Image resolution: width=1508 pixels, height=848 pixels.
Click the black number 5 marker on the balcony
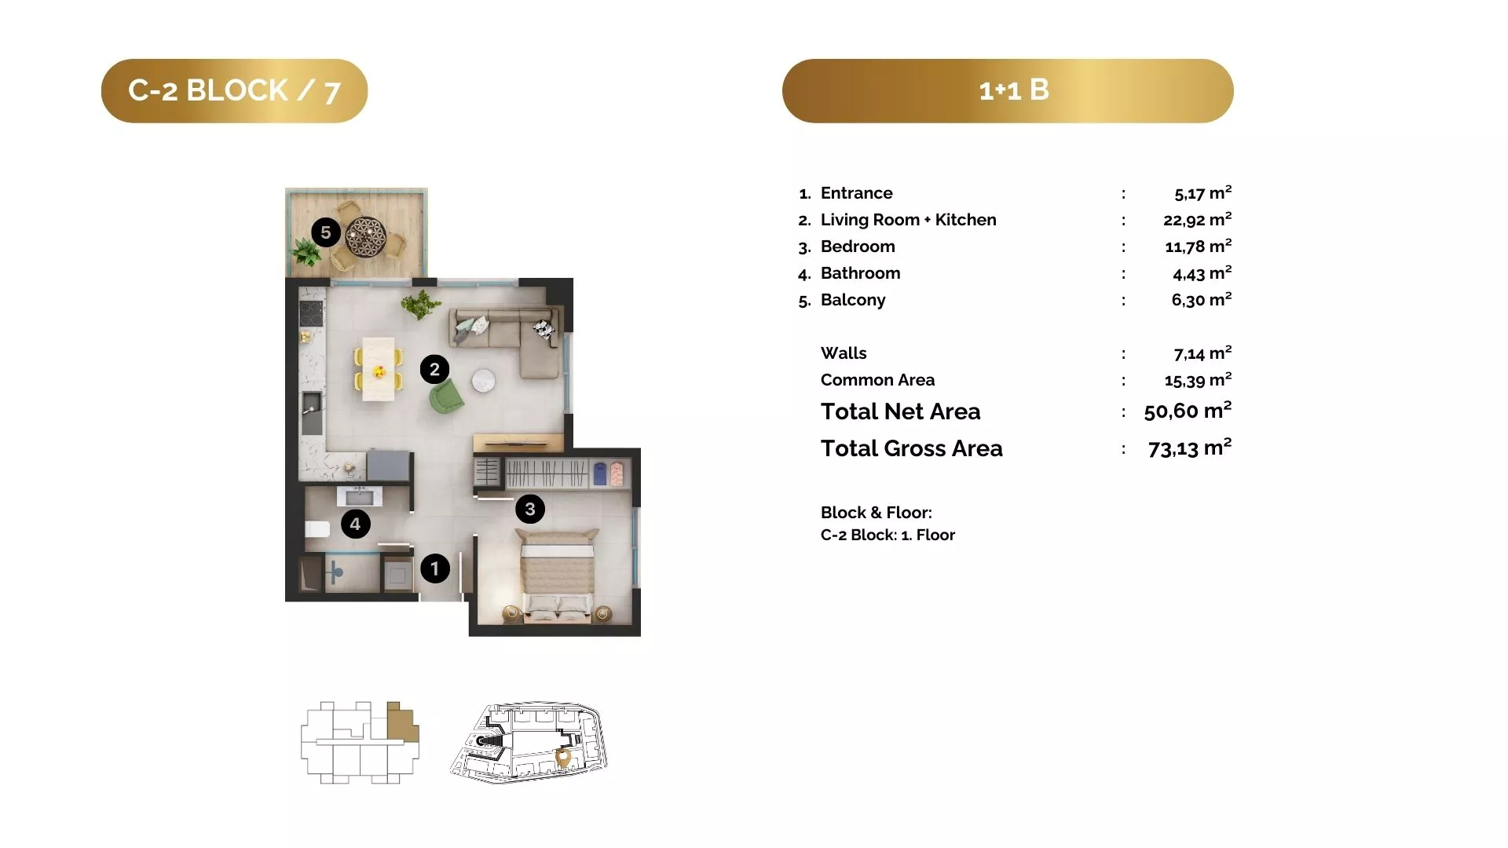326,232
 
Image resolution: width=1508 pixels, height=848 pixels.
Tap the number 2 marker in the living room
434,369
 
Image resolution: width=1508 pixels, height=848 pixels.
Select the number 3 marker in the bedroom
530,509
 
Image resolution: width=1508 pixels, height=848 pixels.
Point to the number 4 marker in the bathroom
355,524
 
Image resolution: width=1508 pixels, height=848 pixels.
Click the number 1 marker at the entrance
434,568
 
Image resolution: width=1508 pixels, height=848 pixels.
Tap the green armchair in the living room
446,397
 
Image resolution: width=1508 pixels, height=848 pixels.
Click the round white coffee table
484,381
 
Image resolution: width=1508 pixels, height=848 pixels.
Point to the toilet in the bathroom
317,528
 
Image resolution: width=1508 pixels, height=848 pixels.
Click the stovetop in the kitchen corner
312,313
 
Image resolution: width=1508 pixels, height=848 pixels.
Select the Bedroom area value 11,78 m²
1198,247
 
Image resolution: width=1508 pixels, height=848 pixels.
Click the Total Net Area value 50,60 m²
1188,411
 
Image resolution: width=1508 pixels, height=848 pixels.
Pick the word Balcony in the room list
853,300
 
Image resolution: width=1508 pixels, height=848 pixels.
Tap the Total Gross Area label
912,448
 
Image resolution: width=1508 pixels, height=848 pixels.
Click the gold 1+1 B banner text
1014,90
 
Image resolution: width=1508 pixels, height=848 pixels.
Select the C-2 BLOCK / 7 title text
234,91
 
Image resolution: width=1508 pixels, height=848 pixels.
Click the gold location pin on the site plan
563,758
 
